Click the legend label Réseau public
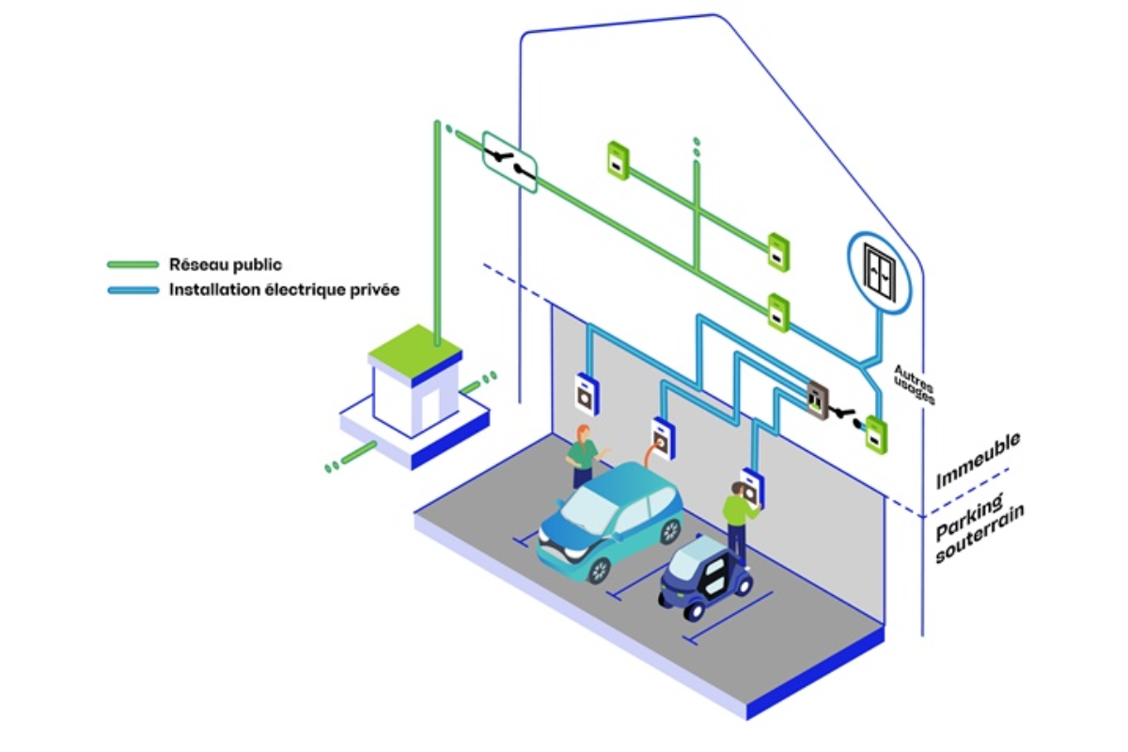coord(225,265)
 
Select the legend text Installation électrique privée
coord(284,290)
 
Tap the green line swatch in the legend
coord(133,265)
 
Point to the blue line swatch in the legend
coord(133,290)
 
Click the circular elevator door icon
coord(880,267)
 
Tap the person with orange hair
coord(583,456)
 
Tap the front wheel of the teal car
coord(598,569)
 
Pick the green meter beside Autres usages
coord(876,435)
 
